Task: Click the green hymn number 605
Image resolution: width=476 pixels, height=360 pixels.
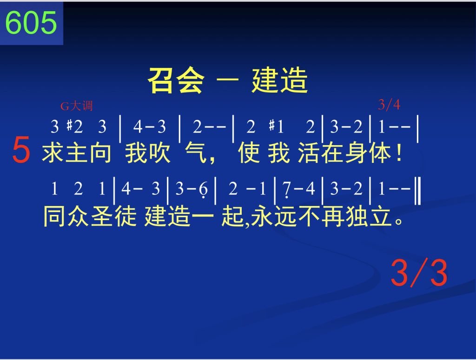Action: tap(31, 22)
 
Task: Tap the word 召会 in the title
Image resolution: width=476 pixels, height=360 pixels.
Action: tap(176, 80)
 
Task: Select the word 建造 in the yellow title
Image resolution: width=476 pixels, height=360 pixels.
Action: tap(279, 80)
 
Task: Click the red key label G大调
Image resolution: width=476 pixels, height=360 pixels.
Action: tap(77, 106)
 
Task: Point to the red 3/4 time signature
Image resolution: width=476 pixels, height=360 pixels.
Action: tap(389, 105)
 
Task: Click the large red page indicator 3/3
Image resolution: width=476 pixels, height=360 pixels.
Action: tap(419, 273)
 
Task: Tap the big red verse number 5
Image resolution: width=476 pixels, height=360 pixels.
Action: tap(21, 150)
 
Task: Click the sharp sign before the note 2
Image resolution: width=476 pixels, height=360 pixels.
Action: tap(70, 125)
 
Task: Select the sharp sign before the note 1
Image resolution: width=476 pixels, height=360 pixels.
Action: tap(271, 125)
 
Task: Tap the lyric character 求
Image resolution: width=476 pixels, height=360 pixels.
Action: tap(53, 153)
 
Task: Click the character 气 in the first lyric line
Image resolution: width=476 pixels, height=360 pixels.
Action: tap(196, 153)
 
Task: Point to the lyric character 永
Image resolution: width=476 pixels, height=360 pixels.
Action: tap(262, 216)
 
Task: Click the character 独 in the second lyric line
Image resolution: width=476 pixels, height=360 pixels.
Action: tap(357, 216)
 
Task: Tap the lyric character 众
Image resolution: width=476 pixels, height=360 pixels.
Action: tap(78, 216)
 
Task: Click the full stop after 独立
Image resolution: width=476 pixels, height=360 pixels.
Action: tap(398, 220)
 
